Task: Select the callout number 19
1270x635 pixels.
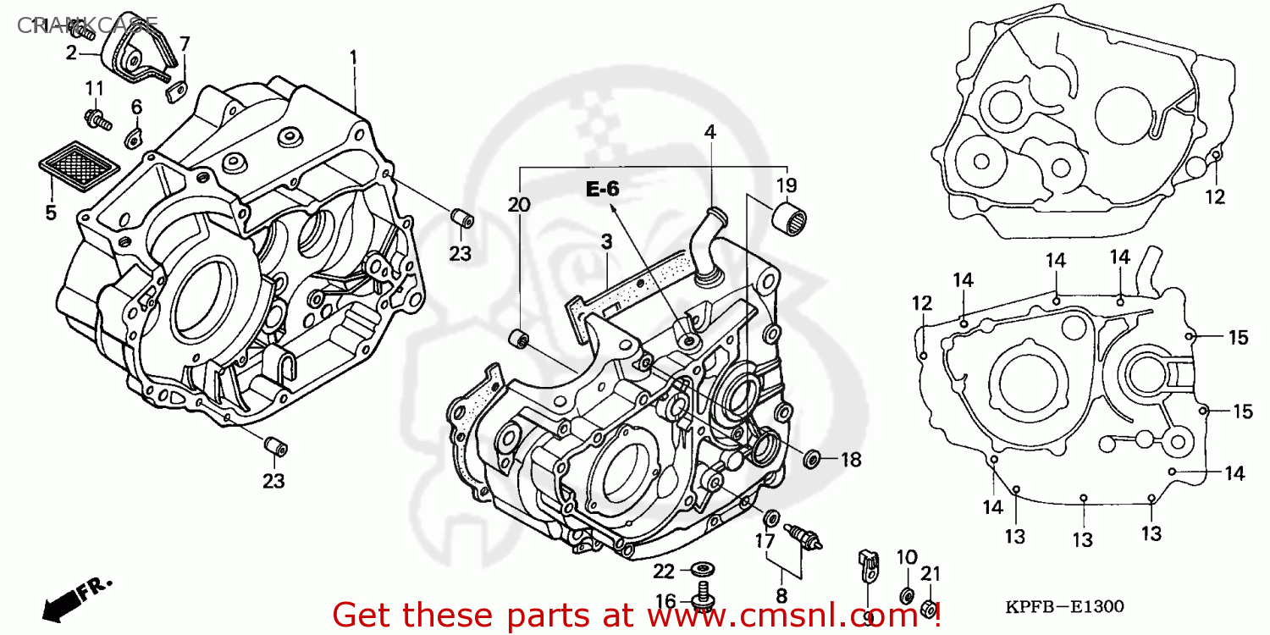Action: [x=787, y=185]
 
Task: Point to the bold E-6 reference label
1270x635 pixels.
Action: [x=603, y=190]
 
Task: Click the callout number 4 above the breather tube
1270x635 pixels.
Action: [x=710, y=132]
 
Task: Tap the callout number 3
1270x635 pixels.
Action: [x=606, y=242]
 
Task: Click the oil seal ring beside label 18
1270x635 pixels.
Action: [x=811, y=459]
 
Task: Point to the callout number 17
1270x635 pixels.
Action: [x=764, y=540]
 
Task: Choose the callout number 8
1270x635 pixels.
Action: [x=781, y=594]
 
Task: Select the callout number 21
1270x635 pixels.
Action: [x=930, y=574]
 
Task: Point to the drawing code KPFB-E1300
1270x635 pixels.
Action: [x=1064, y=607]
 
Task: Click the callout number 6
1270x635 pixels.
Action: [x=136, y=107]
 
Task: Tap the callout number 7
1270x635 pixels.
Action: [x=184, y=44]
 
